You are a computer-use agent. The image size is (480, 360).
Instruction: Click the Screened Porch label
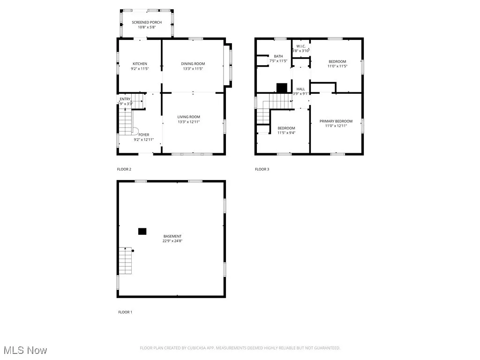pos(147,22)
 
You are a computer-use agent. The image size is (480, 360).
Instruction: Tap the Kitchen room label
pos(140,64)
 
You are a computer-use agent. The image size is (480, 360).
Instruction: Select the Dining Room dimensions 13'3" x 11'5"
pos(193,69)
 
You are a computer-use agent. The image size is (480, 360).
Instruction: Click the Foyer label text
pos(143,135)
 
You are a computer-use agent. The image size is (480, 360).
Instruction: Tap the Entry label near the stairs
pos(125,99)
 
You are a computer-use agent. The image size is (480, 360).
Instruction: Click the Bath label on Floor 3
pos(278,56)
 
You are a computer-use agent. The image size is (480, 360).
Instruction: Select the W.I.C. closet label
pos(301,46)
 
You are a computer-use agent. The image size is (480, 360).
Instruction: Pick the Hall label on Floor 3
pos(300,89)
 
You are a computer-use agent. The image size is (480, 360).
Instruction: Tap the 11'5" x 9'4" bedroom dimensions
pos(286,133)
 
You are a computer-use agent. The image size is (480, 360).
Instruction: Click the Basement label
pos(172,236)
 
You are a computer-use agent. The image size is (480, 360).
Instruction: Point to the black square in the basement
pos(142,231)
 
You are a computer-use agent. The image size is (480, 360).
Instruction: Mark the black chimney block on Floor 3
pos(282,88)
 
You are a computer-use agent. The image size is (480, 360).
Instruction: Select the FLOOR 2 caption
pos(124,169)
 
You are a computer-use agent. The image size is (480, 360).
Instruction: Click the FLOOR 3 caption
pos(262,169)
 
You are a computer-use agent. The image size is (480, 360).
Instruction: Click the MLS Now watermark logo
pos(24,350)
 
